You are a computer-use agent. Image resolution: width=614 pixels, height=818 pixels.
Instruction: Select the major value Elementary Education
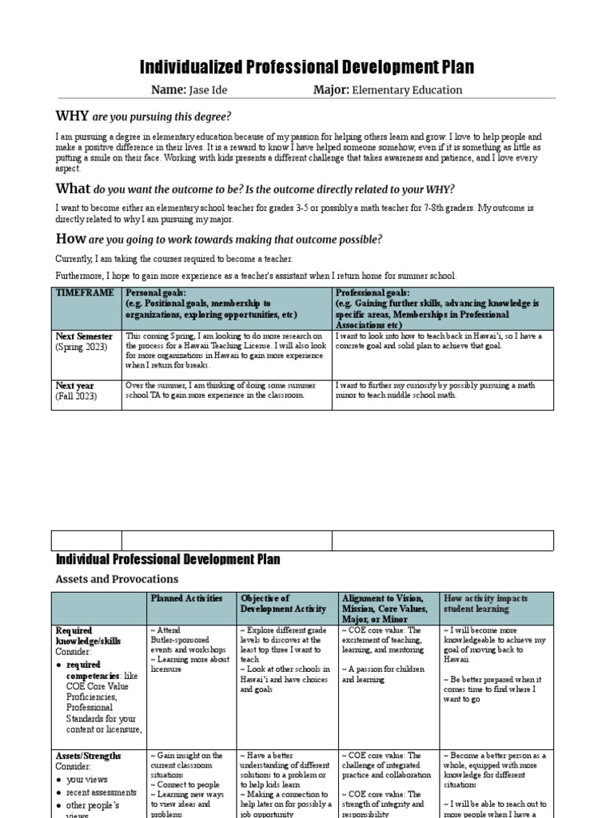pos(409,90)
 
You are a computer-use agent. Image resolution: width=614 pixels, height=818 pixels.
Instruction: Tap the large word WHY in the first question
pos(72,115)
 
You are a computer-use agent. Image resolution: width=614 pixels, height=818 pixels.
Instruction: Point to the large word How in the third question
pos(70,239)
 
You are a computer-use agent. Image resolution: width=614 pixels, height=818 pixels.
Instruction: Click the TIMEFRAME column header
pos(85,293)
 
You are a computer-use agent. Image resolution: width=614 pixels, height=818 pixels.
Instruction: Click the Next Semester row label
pos(84,336)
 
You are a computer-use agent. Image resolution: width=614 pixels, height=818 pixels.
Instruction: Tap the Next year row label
pos(75,386)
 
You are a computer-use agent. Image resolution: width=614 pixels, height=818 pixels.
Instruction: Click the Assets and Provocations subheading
pos(117,579)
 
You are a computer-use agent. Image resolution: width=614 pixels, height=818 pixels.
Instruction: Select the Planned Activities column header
pos(189,598)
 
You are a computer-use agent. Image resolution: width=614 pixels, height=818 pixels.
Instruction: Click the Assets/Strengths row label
pos(89,755)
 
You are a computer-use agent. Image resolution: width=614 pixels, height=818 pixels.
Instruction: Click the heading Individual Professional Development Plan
pos(167,559)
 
